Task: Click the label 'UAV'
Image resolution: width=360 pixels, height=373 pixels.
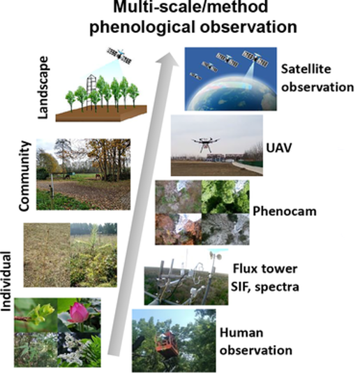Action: [x=278, y=148]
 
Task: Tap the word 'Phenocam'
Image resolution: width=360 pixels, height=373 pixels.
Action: [x=285, y=211]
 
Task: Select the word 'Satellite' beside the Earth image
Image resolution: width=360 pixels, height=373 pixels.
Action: [x=306, y=69]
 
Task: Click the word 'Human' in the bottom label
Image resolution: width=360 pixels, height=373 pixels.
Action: [x=241, y=332]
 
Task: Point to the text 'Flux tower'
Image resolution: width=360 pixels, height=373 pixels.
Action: [x=265, y=268]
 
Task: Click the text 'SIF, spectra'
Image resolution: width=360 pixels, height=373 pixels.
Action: [x=265, y=286]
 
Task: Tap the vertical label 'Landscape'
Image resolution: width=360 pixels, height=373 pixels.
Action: [x=43, y=87]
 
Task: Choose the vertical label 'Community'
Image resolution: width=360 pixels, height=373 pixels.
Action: [x=24, y=176]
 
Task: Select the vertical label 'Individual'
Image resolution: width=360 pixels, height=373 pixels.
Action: [x=6, y=281]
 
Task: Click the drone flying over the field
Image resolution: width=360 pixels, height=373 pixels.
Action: [x=205, y=144]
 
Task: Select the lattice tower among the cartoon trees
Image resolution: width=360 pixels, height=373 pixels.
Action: [x=91, y=92]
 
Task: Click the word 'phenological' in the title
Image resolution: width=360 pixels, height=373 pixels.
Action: [x=142, y=27]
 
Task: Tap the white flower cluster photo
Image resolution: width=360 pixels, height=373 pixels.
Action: [x=79, y=350]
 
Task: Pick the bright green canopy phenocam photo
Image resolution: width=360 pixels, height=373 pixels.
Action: [x=225, y=197]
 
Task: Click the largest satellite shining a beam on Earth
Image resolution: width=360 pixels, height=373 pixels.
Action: [x=255, y=59]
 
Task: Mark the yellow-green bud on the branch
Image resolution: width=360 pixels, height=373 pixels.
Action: [x=45, y=311]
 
